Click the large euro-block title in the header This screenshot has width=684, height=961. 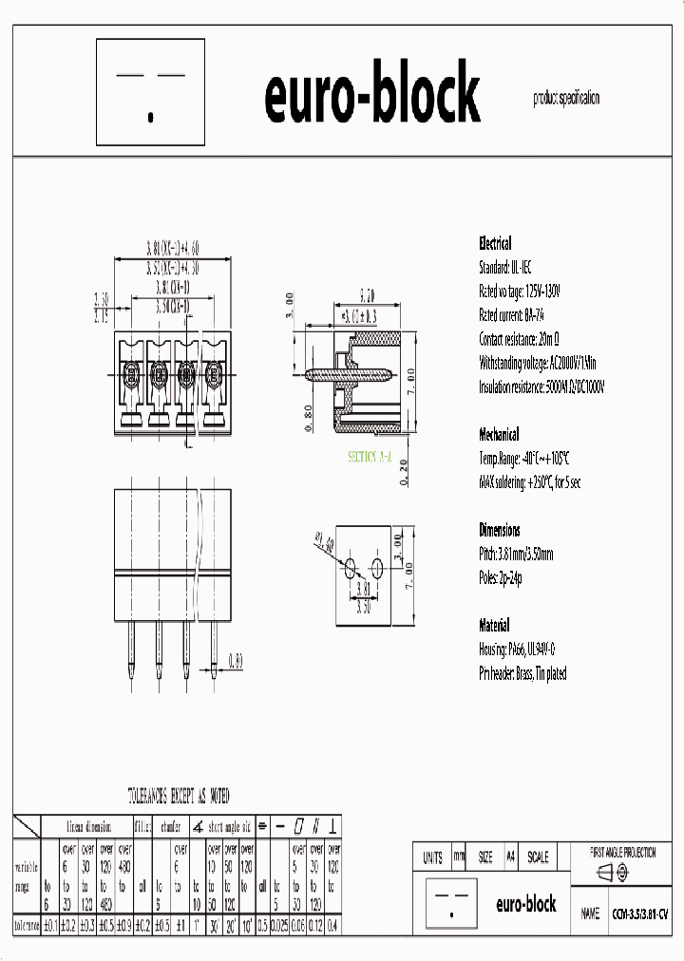pyautogui.click(x=371, y=95)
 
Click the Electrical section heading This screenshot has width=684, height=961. pyautogui.click(x=495, y=243)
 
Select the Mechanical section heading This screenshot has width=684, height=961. pyautogui.click(x=499, y=434)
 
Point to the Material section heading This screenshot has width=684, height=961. pyautogui.click(x=494, y=626)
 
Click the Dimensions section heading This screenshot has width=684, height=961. pyautogui.click(x=500, y=530)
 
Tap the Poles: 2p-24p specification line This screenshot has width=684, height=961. pyautogui.click(x=501, y=576)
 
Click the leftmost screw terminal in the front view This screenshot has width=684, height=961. pyautogui.click(x=130, y=371)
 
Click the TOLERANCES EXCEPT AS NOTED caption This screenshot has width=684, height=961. pyautogui.click(x=179, y=795)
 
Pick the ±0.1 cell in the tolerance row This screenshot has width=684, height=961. pyautogui.click(x=50, y=925)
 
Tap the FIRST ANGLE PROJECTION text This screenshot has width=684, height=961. pyautogui.click(x=623, y=853)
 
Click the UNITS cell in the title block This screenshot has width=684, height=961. pyautogui.click(x=431, y=857)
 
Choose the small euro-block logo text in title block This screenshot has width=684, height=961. pyautogui.click(x=526, y=904)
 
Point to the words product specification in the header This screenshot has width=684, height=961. pyautogui.click(x=566, y=98)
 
